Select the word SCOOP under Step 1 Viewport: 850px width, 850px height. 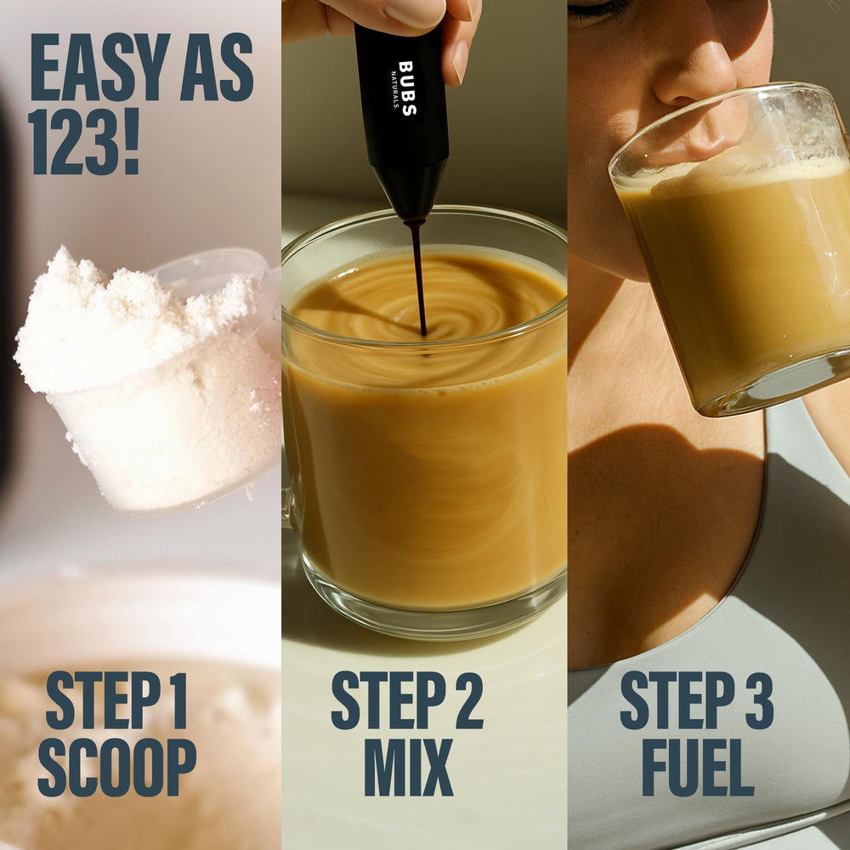tap(116, 768)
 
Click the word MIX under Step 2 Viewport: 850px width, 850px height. tap(408, 768)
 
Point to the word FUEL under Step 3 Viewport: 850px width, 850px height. tap(698, 768)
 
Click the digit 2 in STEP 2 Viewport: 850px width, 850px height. tap(468, 700)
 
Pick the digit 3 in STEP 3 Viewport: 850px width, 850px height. tap(758, 700)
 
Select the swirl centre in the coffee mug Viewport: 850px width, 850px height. tap(422, 327)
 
